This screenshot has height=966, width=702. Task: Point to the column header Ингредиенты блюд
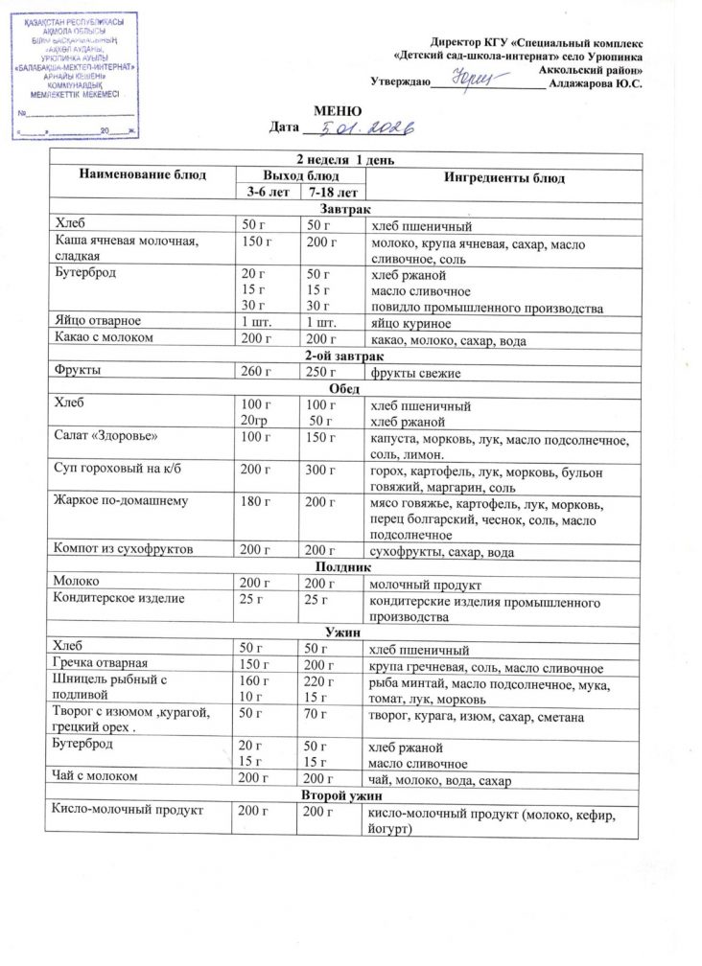503,178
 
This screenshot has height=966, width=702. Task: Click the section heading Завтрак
342,210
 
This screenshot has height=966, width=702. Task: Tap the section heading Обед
343,388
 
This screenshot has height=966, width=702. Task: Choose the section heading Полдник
343,567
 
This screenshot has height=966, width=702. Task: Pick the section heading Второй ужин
342,795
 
